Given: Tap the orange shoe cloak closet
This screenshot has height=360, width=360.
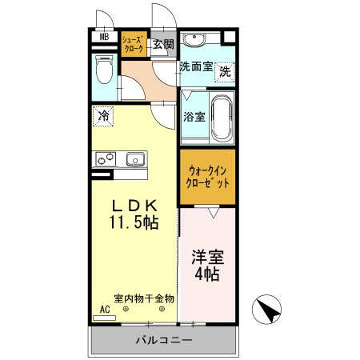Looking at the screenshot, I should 134,44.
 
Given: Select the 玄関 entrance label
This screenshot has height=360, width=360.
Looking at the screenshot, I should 163,44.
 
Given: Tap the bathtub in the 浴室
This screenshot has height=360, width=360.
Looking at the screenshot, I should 222,118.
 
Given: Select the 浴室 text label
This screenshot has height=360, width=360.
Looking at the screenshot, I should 194,117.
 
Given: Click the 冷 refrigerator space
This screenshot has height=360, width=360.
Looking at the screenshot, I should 104,116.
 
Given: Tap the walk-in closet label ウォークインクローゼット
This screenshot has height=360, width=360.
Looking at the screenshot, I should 208,175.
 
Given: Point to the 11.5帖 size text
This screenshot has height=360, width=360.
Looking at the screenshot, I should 133,222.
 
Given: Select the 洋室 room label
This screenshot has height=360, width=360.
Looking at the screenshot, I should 206,258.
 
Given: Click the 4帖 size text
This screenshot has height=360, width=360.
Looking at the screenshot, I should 206,276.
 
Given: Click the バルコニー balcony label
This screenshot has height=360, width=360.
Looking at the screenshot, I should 162,341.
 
